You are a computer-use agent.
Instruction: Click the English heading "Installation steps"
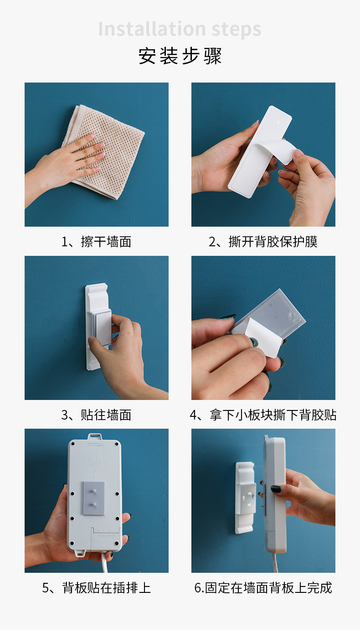[180, 29]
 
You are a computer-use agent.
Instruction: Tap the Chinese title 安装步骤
[180, 56]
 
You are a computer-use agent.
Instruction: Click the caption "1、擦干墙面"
[96, 242]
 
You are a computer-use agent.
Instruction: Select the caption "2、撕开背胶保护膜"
[263, 242]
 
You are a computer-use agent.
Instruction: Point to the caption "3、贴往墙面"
[96, 415]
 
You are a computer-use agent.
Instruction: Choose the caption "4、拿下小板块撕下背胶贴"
[263, 415]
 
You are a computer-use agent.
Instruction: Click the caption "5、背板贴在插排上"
[96, 588]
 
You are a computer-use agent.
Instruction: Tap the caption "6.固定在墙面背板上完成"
[263, 588]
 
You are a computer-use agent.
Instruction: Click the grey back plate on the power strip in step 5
[93, 498]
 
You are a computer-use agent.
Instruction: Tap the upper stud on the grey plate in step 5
[95, 491]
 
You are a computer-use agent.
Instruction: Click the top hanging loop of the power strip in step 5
[95, 437]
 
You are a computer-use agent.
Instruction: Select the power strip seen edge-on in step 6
[275, 495]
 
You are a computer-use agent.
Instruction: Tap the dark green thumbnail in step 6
[276, 489]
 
